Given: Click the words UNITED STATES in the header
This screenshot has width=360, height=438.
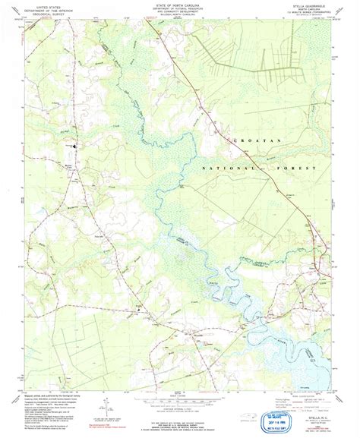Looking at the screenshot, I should [x=46, y=5].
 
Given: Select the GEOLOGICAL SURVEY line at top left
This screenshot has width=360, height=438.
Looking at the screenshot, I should [x=46, y=12].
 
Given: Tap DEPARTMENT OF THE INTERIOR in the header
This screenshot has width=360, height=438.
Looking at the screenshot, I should [x=46, y=8].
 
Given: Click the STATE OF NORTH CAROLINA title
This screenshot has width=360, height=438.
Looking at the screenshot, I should [x=180, y=4].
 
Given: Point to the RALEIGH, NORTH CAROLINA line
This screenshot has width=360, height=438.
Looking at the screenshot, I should [x=180, y=16].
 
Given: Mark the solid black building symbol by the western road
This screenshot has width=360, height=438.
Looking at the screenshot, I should [x=74, y=140].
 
